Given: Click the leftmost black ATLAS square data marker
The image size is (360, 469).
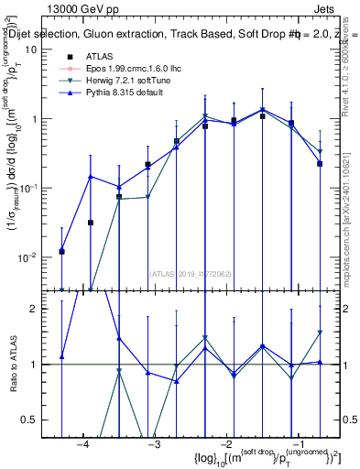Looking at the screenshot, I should (61, 251).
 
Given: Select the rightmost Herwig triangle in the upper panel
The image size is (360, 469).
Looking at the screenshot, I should (320, 152).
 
